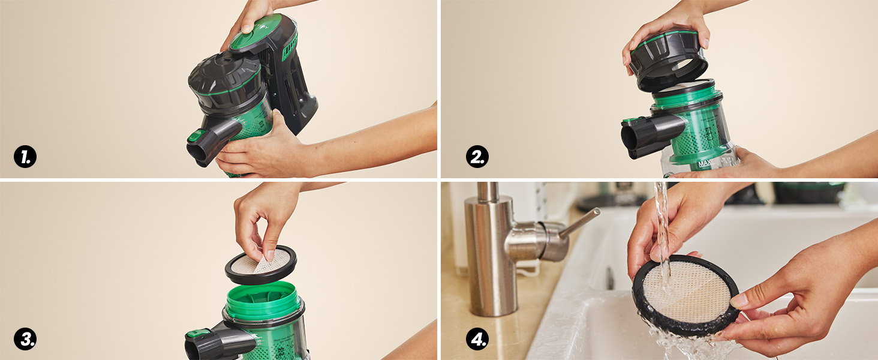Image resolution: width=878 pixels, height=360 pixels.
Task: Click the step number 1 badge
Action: click(x=25, y=157)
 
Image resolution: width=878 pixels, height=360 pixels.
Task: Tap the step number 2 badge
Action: click(x=477, y=157)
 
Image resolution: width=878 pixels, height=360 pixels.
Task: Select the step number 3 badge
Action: click(x=25, y=339)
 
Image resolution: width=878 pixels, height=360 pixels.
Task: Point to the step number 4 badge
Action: click(x=477, y=339)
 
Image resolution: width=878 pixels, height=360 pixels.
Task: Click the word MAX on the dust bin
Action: click(x=704, y=163)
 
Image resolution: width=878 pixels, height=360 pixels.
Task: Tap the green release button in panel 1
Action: click(x=196, y=136)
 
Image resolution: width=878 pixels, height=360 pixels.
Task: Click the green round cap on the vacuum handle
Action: click(x=255, y=32)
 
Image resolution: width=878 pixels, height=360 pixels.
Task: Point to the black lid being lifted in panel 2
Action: click(x=667, y=60)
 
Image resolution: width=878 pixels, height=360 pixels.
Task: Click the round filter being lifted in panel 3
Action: click(x=261, y=265)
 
